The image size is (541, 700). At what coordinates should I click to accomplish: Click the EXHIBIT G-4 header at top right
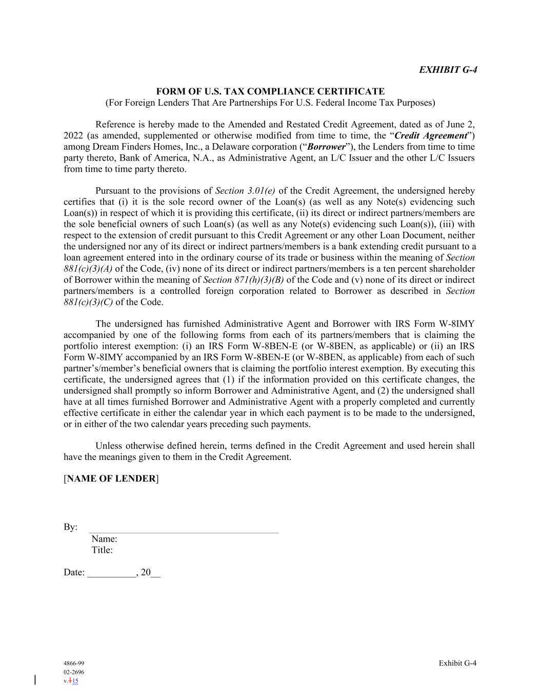click(x=448, y=70)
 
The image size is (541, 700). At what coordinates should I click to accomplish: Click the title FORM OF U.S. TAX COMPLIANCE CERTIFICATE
click(x=270, y=91)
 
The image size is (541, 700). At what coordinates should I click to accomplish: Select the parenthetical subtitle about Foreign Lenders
click(x=270, y=103)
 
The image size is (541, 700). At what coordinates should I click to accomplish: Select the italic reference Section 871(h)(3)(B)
click(x=244, y=280)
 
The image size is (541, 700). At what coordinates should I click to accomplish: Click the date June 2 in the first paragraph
click(x=463, y=125)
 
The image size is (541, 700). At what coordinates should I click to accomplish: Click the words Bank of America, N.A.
click(x=166, y=158)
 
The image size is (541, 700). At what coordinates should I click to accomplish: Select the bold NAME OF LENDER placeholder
click(x=111, y=478)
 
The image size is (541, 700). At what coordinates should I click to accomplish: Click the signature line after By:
click(x=184, y=531)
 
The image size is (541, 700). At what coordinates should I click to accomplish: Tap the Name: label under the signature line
click(x=104, y=539)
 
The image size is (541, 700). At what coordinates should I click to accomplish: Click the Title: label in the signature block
click(x=102, y=550)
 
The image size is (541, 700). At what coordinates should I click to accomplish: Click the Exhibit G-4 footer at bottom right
click(x=457, y=663)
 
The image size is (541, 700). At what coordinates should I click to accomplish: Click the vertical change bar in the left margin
click(x=35, y=681)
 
